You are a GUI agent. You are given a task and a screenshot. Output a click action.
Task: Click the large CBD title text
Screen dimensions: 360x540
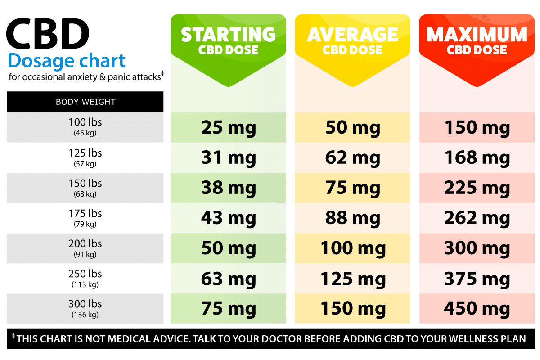coord(48,34)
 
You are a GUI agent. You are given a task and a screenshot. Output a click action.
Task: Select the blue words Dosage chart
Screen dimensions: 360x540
coord(67,61)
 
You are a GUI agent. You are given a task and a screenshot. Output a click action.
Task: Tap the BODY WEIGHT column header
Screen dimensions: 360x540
coord(85,102)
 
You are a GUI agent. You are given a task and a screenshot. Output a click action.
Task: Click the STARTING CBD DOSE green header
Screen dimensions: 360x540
coord(228,41)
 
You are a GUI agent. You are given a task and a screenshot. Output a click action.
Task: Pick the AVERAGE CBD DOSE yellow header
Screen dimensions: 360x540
coord(352,41)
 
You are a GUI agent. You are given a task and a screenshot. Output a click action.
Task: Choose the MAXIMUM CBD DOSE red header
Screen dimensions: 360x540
coord(477,41)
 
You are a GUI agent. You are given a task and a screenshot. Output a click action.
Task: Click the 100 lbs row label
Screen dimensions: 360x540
coord(85,123)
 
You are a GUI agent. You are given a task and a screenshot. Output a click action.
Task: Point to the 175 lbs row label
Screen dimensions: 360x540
coord(85,214)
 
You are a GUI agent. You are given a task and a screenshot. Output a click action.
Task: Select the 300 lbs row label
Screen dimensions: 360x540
coord(85,304)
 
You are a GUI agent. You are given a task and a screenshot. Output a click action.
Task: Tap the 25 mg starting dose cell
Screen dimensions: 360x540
coord(228,128)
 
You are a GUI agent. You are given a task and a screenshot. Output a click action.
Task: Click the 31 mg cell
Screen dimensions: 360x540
coord(228,158)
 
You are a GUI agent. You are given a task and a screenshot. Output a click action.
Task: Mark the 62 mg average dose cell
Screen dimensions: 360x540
coord(352,158)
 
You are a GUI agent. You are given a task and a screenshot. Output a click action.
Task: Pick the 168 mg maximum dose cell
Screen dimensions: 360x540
coord(477,158)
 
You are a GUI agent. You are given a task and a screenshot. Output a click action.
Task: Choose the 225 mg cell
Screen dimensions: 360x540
coord(477,188)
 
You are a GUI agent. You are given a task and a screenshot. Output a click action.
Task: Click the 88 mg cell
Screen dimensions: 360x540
coord(352,218)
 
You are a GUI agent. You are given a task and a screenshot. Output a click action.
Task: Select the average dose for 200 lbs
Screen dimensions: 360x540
coord(352,248)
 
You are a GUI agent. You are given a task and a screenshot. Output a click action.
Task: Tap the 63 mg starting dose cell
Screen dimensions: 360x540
coord(228,279)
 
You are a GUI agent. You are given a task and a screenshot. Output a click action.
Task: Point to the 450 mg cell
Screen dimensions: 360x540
coord(477,309)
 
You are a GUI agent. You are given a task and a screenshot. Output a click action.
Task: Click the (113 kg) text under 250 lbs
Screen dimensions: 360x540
coord(85,284)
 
